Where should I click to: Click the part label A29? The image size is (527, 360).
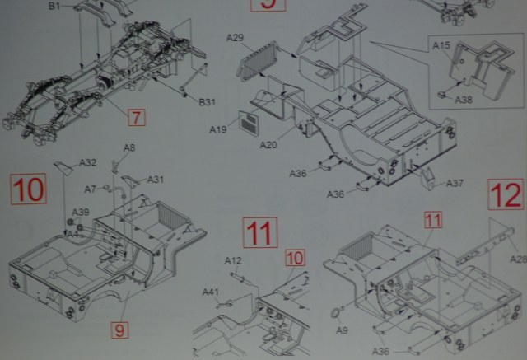coord(235,39)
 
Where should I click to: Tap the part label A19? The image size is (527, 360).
coord(218,129)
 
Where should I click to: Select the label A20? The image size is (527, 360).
coord(269,145)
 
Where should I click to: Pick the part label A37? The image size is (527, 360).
coord(455,183)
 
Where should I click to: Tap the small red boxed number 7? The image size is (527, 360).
coord(136,117)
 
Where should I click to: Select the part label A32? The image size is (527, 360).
coord(87,162)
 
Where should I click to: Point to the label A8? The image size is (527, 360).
coord(129,147)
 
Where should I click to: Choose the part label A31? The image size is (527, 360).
coord(156,180)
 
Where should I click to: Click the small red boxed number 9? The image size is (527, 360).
coord(120,330)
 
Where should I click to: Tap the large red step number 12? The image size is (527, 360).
coord(505,195)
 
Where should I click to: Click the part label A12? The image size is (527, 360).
coord(233,261)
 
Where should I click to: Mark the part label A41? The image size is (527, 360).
coord(211,292)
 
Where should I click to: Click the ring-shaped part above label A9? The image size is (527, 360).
coord(335,313)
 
